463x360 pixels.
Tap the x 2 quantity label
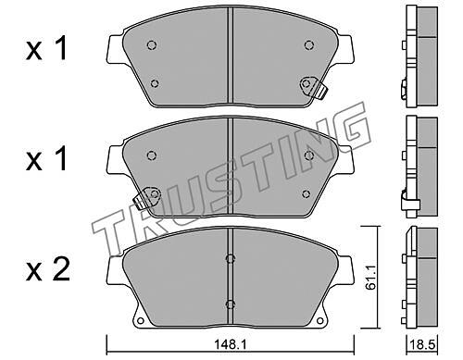click(48, 270)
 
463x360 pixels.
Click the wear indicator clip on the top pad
click(313, 87)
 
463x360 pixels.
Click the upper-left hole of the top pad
click(151, 45)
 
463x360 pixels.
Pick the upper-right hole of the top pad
click(309, 45)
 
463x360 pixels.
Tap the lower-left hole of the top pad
click(155, 83)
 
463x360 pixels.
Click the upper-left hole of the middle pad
click(151, 155)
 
